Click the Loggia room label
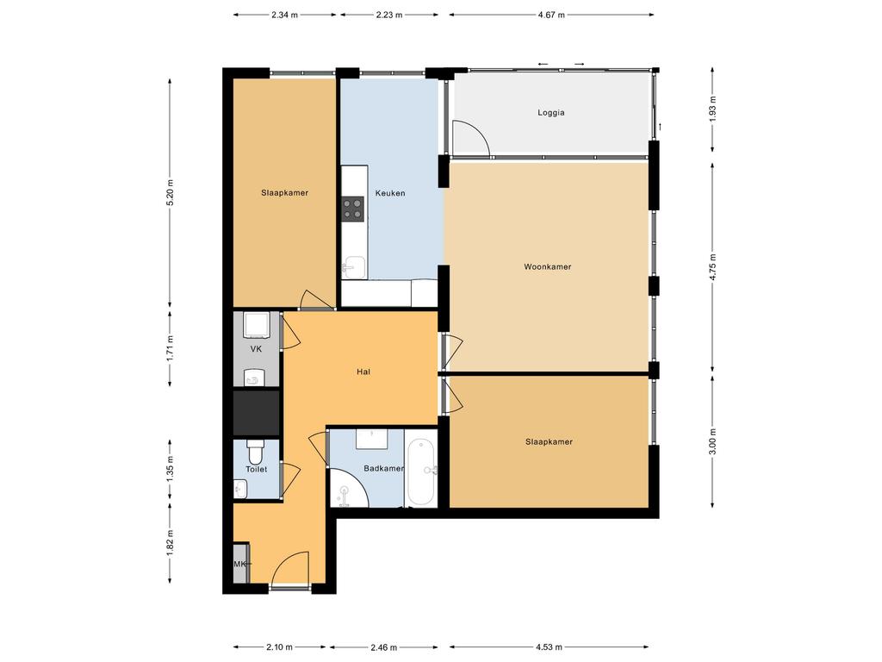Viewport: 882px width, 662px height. click(550, 113)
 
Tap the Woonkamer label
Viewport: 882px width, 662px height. click(547, 267)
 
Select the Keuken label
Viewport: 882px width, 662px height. click(390, 193)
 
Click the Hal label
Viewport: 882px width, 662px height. click(363, 372)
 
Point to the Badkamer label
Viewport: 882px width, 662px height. click(383, 468)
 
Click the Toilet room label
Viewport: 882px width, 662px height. click(256, 469)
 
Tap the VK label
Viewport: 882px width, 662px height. click(256, 349)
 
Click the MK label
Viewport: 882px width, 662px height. click(240, 564)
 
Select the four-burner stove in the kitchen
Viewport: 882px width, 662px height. click(353, 209)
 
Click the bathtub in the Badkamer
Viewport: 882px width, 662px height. click(420, 472)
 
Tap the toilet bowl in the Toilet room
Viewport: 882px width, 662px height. click(255, 450)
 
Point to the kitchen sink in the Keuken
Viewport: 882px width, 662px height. click(354, 266)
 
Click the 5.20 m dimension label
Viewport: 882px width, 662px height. click(170, 192)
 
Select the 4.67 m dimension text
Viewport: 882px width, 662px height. click(551, 16)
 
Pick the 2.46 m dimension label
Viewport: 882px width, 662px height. click(383, 647)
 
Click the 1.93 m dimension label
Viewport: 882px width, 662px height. click(712, 109)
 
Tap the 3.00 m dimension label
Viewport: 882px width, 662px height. click(712, 441)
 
